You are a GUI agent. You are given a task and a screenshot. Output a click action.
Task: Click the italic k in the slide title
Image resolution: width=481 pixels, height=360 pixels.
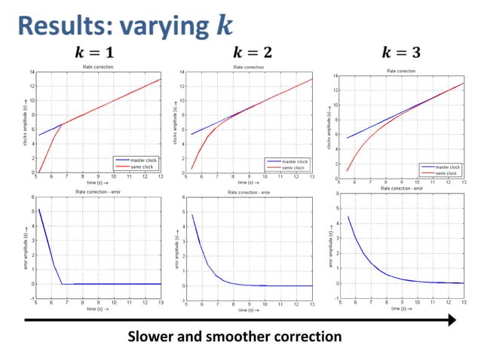tap(224, 26)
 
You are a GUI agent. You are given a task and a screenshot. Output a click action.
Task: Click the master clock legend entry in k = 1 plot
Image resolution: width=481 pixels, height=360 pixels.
tap(140, 160)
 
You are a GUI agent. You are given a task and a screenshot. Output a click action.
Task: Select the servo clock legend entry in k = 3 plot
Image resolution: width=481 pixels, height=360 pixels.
tap(445, 173)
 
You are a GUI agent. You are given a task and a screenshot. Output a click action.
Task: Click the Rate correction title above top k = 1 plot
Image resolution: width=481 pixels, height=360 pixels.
tap(98, 67)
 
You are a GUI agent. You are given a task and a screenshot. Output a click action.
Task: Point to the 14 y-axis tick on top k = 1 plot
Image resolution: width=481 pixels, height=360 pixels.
tap(32, 72)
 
